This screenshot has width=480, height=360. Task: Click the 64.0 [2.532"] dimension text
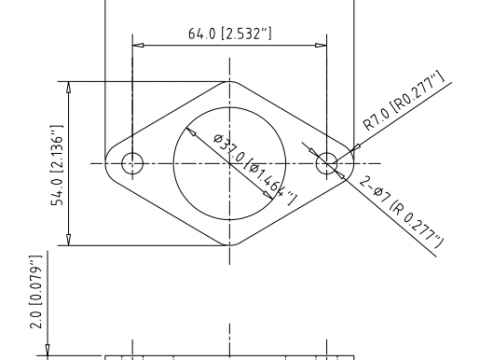230,33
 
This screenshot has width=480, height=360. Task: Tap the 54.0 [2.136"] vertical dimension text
57,165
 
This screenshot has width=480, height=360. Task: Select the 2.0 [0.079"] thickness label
36,292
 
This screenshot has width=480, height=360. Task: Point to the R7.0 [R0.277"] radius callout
403,101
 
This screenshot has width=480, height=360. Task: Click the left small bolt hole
132,163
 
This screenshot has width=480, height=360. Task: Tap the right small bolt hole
327,163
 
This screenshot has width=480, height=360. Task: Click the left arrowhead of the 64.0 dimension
138,45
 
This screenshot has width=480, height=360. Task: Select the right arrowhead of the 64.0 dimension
321,45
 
